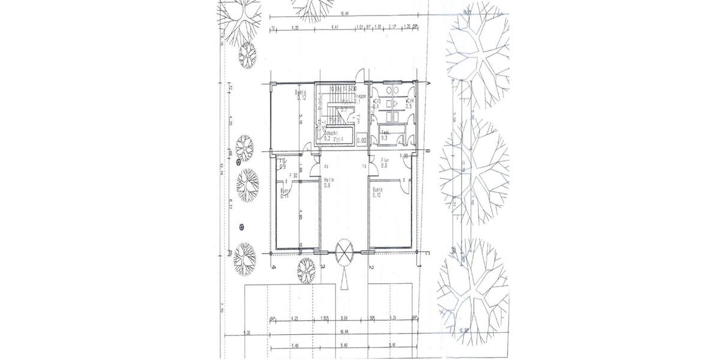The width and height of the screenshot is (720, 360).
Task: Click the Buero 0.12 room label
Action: click(x=300, y=95)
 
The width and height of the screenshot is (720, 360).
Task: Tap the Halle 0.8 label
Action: click(x=328, y=182)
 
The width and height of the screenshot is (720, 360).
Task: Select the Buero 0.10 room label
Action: click(x=377, y=192)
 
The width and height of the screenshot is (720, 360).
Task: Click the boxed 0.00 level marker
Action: click(x=362, y=140)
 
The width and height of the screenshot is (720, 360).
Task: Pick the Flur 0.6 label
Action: click(x=385, y=163)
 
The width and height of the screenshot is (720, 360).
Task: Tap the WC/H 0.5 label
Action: click(x=410, y=104)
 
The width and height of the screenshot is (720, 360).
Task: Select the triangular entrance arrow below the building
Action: click(x=345, y=278)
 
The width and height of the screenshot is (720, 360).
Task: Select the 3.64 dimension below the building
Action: click(x=344, y=319)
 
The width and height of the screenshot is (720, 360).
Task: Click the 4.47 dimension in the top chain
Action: click(x=335, y=27)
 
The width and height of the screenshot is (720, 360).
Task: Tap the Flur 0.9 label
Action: click(x=283, y=164)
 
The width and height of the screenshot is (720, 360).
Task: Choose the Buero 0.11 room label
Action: click(x=286, y=193)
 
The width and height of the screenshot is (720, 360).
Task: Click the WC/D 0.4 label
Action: click(x=377, y=104)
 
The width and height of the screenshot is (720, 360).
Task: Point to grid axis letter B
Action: click(x=427, y=151)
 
